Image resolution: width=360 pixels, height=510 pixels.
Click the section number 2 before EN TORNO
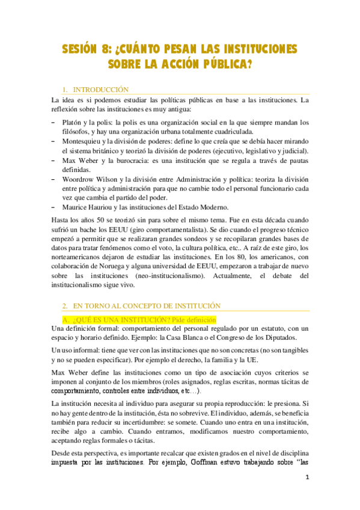[64, 306]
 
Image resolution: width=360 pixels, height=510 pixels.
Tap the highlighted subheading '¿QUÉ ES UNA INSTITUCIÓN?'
[116, 319]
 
